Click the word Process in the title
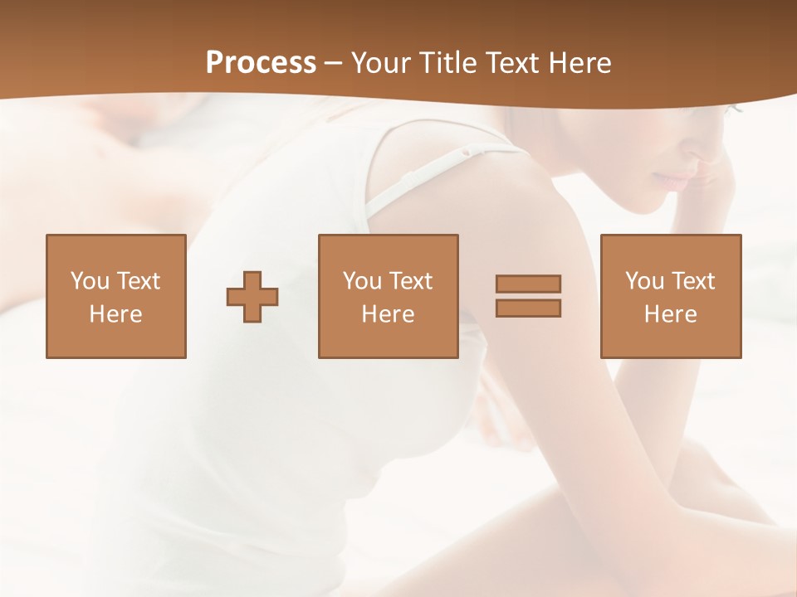pos(261,63)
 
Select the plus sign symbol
pos(252,296)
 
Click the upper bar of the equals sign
pos(528,284)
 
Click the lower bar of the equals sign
pos(528,308)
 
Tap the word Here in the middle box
pos(388,314)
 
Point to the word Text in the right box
pos(692,281)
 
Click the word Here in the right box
pos(670,314)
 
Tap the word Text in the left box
pos(138,281)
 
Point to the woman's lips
pos(674,180)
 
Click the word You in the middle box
pos(362,281)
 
